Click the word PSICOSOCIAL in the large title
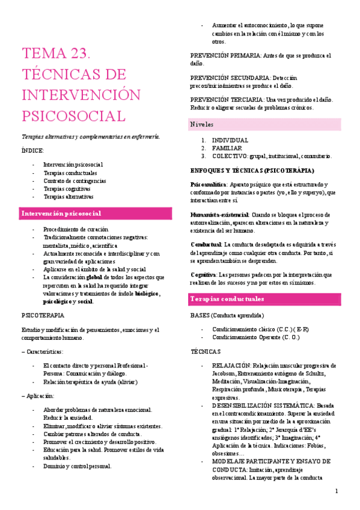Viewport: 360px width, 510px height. [73, 115]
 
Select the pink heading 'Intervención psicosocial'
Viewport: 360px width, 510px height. [61, 214]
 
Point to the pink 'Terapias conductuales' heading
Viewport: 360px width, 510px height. [228, 299]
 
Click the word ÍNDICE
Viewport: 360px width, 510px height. [33, 150]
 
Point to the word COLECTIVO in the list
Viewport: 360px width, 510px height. [230, 156]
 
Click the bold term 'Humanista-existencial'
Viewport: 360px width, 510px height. [219, 215]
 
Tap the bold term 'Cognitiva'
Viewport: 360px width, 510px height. [204, 274]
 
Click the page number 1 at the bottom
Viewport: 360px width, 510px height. [337, 491]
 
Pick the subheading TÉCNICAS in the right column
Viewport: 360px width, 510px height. [206, 351]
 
